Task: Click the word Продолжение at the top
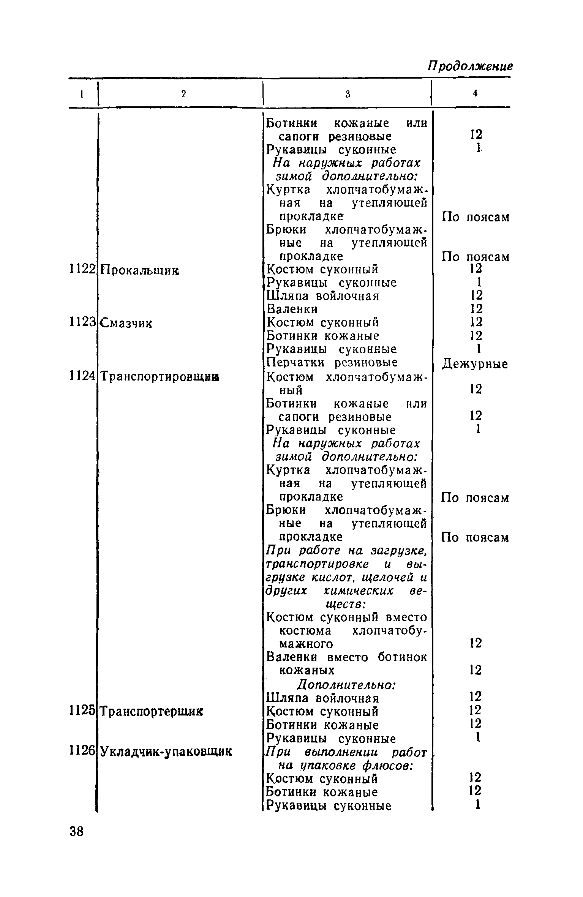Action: (470, 67)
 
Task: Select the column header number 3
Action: (348, 95)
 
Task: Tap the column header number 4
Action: (475, 94)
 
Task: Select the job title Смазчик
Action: (126, 323)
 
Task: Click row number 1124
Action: (82, 376)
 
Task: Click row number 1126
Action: (82, 751)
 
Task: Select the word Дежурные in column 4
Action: (475, 364)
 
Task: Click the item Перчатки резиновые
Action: (332, 363)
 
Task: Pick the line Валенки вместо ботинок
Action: (346, 657)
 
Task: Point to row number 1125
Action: (82, 711)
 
